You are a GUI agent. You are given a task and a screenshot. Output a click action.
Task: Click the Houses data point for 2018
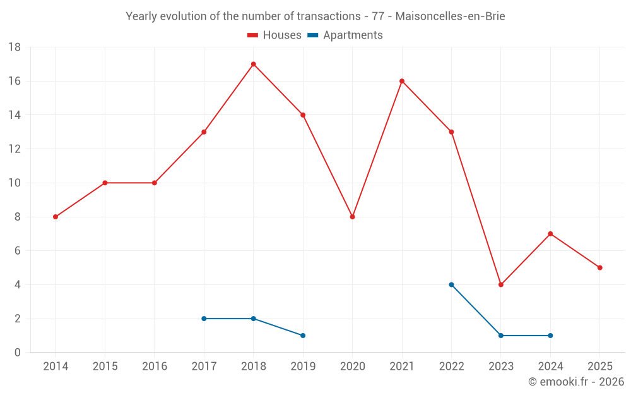(253, 64)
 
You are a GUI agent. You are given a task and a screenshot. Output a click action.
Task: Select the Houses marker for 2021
(402, 81)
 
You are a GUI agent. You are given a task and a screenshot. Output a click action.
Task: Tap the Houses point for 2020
(352, 217)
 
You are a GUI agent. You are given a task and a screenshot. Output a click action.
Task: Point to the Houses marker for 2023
(501, 284)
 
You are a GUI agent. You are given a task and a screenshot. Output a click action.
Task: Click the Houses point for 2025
(599, 267)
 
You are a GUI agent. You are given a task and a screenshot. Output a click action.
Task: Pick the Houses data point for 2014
(56, 217)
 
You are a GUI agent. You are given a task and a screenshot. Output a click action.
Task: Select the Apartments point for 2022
(451, 284)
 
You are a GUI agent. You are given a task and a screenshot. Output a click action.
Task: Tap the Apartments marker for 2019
(303, 336)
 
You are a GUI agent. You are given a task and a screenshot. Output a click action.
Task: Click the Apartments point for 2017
(204, 319)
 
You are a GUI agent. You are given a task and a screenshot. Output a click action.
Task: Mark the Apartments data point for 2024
(550, 336)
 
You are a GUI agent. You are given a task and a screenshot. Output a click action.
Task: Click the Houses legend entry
(274, 35)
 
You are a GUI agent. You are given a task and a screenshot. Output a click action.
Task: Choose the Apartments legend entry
(345, 35)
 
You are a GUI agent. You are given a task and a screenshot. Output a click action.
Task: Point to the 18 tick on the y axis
(15, 47)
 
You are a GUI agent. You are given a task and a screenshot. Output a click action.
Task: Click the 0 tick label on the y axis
(18, 353)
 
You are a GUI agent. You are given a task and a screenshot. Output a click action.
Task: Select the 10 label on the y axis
(15, 183)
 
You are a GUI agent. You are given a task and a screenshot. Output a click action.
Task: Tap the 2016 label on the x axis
(155, 367)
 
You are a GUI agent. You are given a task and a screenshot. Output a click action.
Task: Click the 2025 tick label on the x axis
(599, 367)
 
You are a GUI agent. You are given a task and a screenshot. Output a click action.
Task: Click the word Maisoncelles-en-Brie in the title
(450, 16)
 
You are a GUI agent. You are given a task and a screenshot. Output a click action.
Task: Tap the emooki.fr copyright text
(576, 382)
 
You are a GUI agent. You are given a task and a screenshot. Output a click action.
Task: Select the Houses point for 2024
(550, 234)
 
